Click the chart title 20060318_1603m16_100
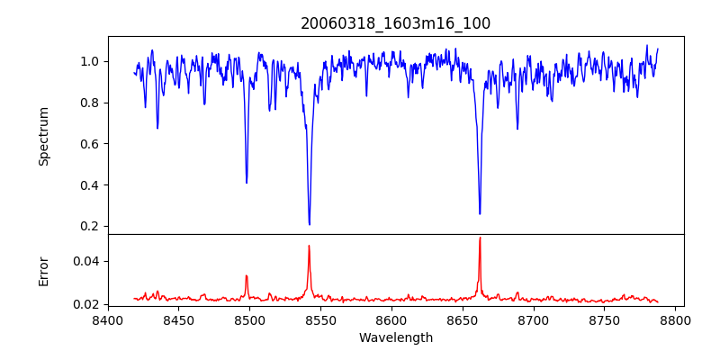click(395, 23)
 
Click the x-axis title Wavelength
click(395, 338)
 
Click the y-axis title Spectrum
click(44, 136)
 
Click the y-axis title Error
click(44, 270)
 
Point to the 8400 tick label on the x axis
click(108, 319)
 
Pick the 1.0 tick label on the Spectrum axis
click(89, 61)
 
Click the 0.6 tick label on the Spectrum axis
click(89, 144)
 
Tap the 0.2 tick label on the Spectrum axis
click(89, 226)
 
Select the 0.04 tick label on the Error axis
click(86, 261)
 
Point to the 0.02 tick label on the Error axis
click(86, 304)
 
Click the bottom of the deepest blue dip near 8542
click(310, 224)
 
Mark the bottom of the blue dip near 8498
click(247, 183)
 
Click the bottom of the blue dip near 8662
click(480, 213)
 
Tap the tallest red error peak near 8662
click(480, 238)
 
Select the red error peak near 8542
click(309, 246)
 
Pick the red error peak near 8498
click(247, 276)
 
